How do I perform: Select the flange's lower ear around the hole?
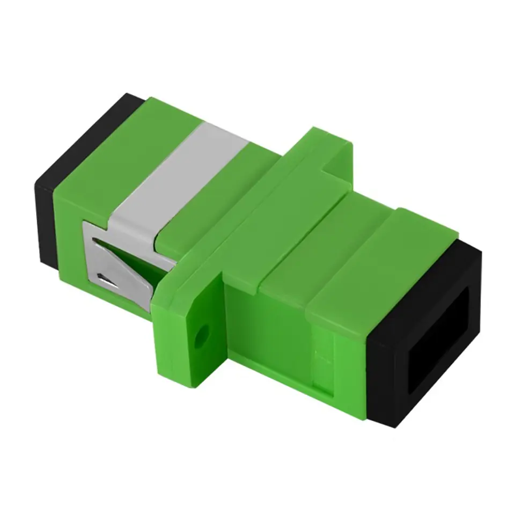point(193,343)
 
